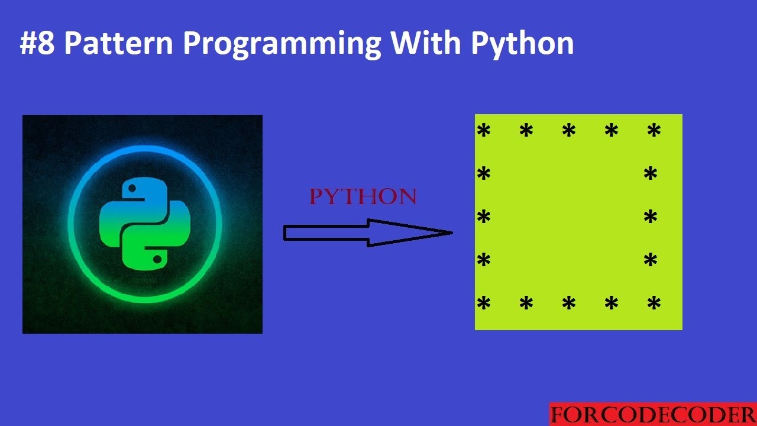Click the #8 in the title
[x=37, y=43]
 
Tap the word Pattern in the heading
[x=117, y=43]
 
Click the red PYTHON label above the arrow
[x=363, y=197]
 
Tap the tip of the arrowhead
[x=452, y=233]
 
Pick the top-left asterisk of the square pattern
[x=484, y=131]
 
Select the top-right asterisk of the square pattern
[x=654, y=131]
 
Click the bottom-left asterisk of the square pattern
[x=484, y=304]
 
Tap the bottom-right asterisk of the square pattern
[x=654, y=304]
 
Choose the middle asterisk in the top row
[x=569, y=131]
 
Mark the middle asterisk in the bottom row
[x=569, y=304]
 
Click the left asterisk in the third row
[x=484, y=217]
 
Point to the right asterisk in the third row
[x=651, y=217]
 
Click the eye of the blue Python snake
[x=132, y=189]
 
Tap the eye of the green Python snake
[x=157, y=258]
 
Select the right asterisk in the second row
[x=651, y=174]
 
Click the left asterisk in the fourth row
[x=484, y=260]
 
